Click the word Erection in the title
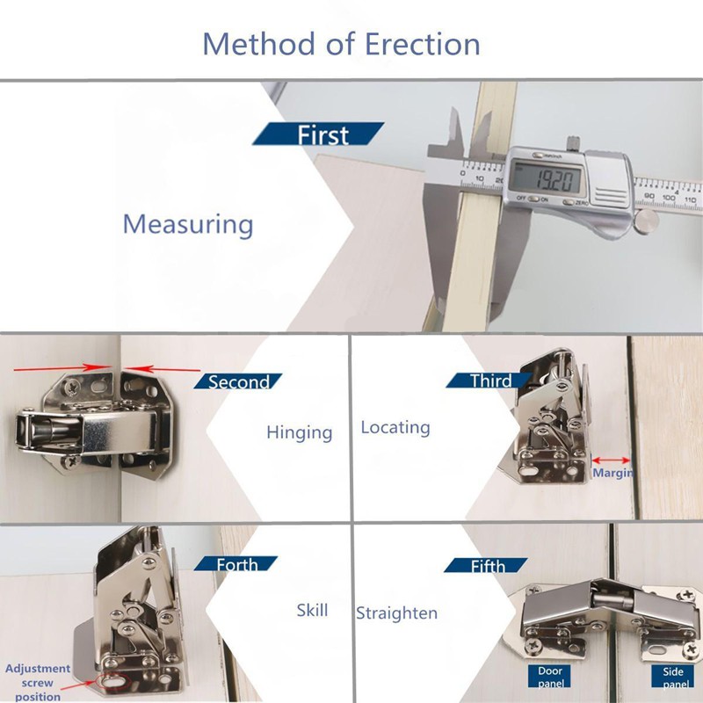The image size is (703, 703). tap(423, 44)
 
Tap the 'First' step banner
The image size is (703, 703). tap(318, 134)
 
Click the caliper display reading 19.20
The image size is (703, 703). tap(549, 179)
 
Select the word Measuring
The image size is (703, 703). tap(188, 225)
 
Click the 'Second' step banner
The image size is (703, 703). tap(237, 381)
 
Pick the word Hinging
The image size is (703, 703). tap(300, 432)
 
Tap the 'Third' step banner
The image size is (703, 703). tap(489, 380)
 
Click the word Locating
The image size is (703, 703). tap(395, 427)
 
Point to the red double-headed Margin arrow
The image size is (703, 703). tap(611, 460)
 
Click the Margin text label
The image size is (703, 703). tap(612, 473)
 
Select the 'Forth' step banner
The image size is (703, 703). tap(236, 563)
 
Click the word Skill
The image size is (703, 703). tap(312, 610)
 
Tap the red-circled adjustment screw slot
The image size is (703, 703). tap(115, 681)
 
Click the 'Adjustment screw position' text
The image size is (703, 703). tap(38, 683)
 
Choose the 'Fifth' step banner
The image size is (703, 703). tap(487, 565)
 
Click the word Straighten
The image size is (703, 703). tap(397, 612)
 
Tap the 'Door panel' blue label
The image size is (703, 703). tap(550, 677)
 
